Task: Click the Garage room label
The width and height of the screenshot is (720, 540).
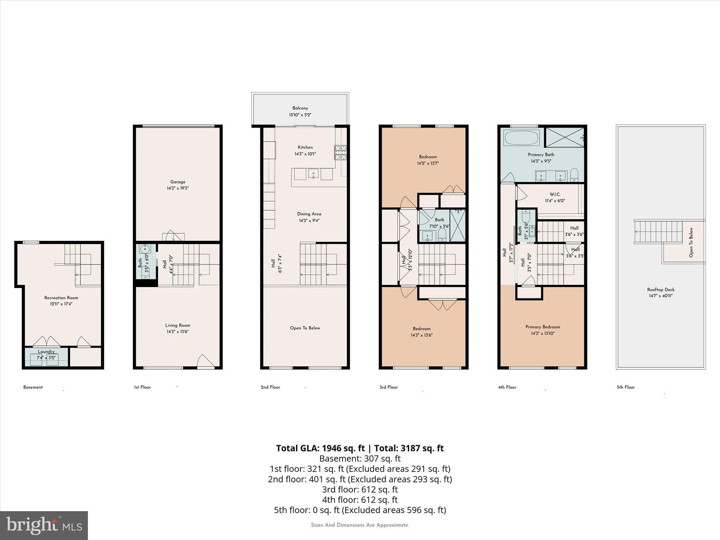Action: coord(178,182)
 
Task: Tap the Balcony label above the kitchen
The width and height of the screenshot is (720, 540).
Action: coord(300,108)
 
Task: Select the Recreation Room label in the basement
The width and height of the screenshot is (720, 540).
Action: coord(61,298)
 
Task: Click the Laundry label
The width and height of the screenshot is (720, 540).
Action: coord(46,352)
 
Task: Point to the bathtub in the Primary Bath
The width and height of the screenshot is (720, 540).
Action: coord(521,138)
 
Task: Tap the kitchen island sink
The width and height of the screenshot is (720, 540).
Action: coord(313,174)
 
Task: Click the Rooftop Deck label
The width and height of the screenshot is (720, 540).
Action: coord(661,290)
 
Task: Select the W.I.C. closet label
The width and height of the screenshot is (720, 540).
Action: coord(555,194)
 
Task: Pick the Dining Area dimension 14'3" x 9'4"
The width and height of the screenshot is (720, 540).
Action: coord(309,221)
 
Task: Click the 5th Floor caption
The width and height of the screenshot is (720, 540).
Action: coord(625,387)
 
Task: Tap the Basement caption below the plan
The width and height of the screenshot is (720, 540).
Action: coord(33,387)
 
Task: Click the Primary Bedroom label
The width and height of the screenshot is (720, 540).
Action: coord(542,327)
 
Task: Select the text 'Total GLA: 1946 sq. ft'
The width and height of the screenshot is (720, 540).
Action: coord(320,448)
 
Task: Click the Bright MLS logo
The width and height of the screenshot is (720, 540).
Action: coord(44,525)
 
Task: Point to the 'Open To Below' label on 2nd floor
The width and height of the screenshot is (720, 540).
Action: coord(305,328)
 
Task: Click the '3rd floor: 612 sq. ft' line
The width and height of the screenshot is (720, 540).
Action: coord(360,489)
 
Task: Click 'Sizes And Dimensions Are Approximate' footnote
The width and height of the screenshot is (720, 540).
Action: coord(360,525)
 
